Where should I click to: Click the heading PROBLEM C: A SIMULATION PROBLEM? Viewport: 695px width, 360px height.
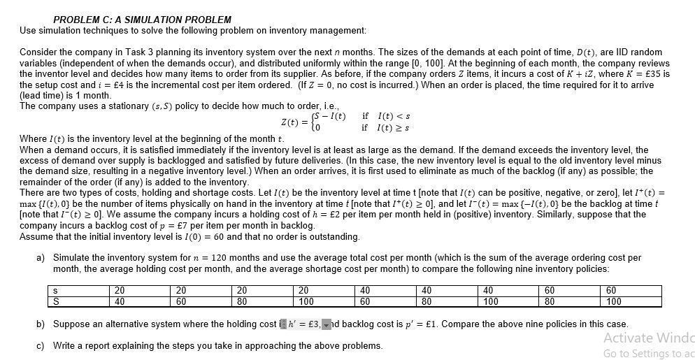(142, 20)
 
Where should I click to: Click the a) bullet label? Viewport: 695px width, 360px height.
(41, 258)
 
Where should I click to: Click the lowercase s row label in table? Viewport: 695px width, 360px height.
(55, 291)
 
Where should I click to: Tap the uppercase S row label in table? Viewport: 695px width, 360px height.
(55, 302)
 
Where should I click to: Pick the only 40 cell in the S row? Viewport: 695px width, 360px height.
(119, 302)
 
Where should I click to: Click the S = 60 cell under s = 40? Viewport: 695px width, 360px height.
(365, 302)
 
